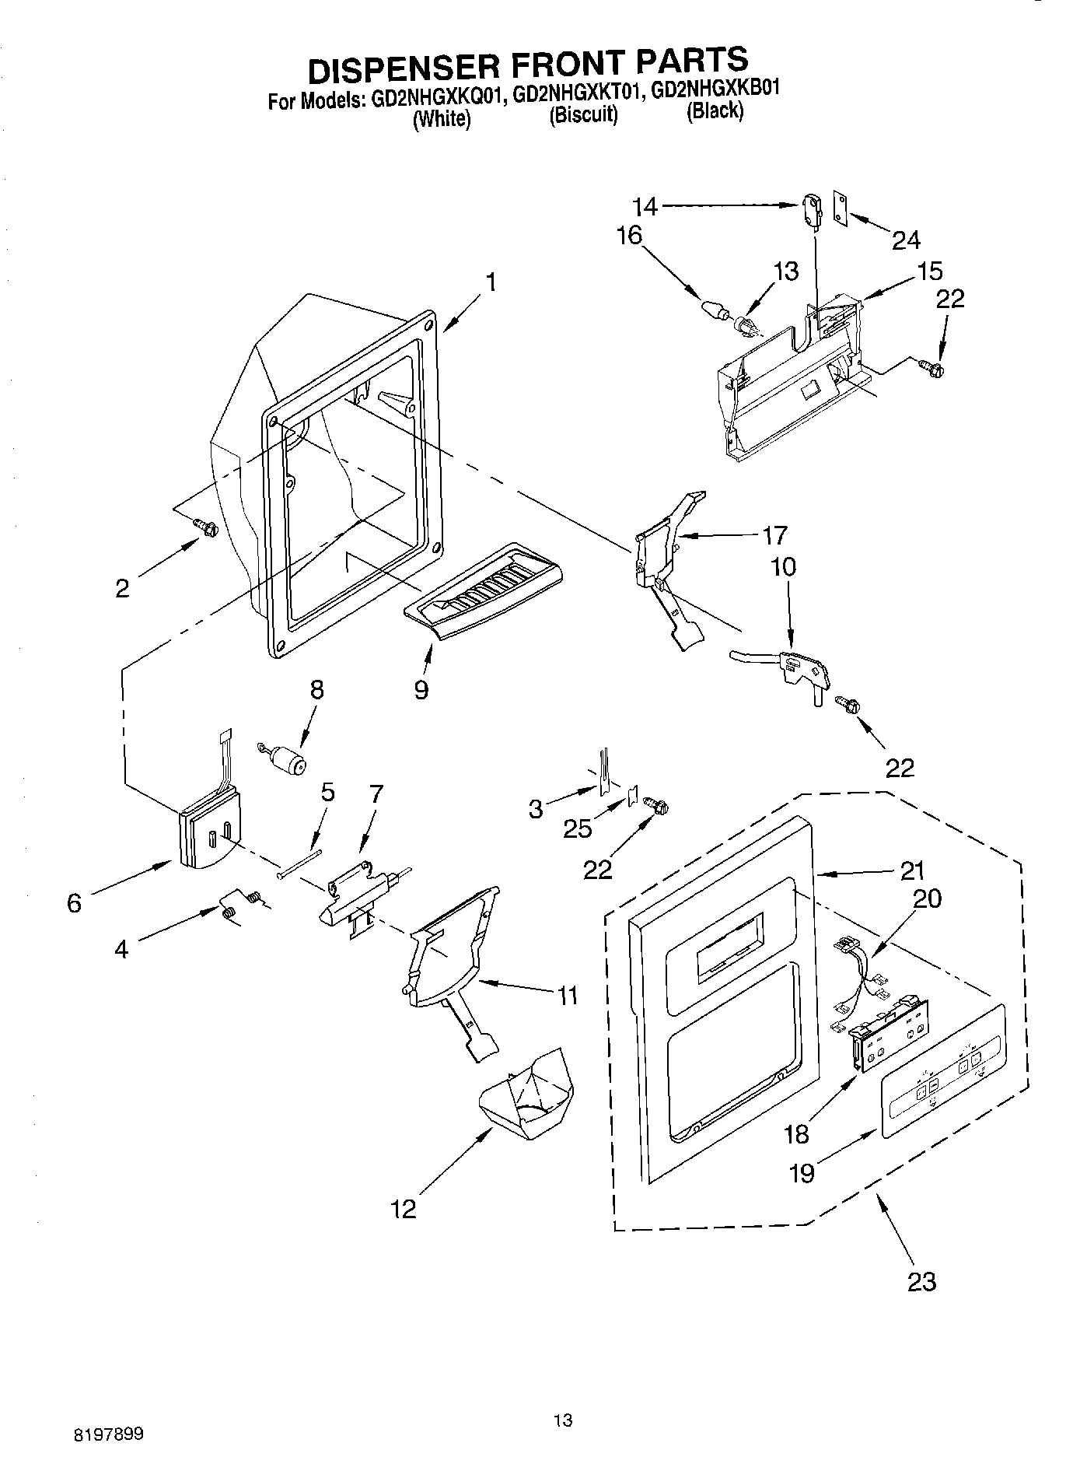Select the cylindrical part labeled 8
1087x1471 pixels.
click(288, 758)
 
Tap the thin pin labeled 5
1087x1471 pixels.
click(299, 863)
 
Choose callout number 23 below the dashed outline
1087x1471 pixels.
click(921, 1280)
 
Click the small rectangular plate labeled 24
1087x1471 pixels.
click(841, 207)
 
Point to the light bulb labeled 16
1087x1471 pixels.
click(715, 310)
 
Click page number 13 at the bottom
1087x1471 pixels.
click(563, 1420)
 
